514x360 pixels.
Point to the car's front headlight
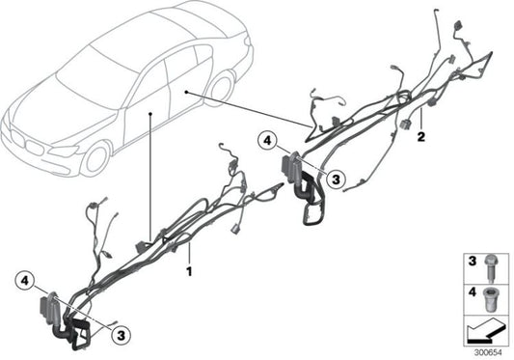click(64, 151)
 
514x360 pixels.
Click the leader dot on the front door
click(151, 114)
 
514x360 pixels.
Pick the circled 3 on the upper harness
click(333, 178)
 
